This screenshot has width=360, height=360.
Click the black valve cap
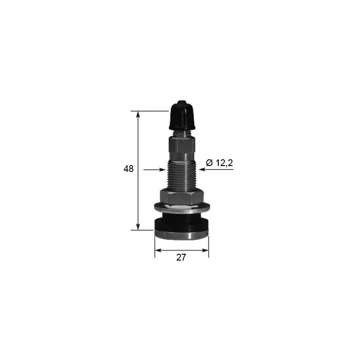tap(181, 116)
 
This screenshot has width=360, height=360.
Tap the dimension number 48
tap(129, 169)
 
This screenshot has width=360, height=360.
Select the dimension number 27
tap(181, 257)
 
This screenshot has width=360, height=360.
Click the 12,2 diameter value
tap(224, 163)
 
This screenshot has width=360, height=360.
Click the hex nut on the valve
tap(181, 196)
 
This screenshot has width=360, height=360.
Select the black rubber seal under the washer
tap(181, 220)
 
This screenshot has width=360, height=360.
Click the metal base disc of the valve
tap(181, 234)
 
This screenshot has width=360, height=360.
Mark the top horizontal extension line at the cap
tap(148, 111)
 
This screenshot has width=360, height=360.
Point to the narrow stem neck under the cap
tap(181, 133)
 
